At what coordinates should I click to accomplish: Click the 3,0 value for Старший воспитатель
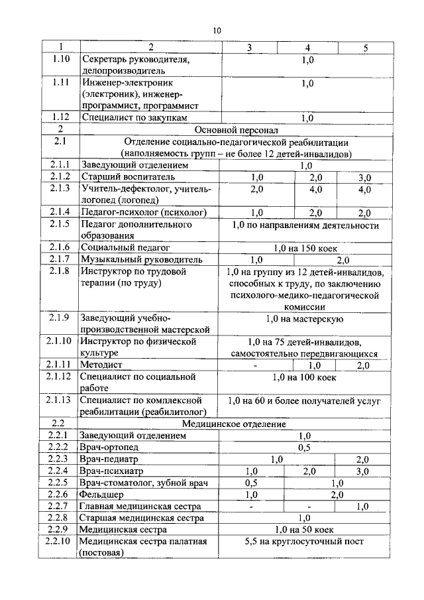pyautogui.click(x=364, y=177)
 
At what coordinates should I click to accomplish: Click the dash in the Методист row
pyautogui.click(x=254, y=365)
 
